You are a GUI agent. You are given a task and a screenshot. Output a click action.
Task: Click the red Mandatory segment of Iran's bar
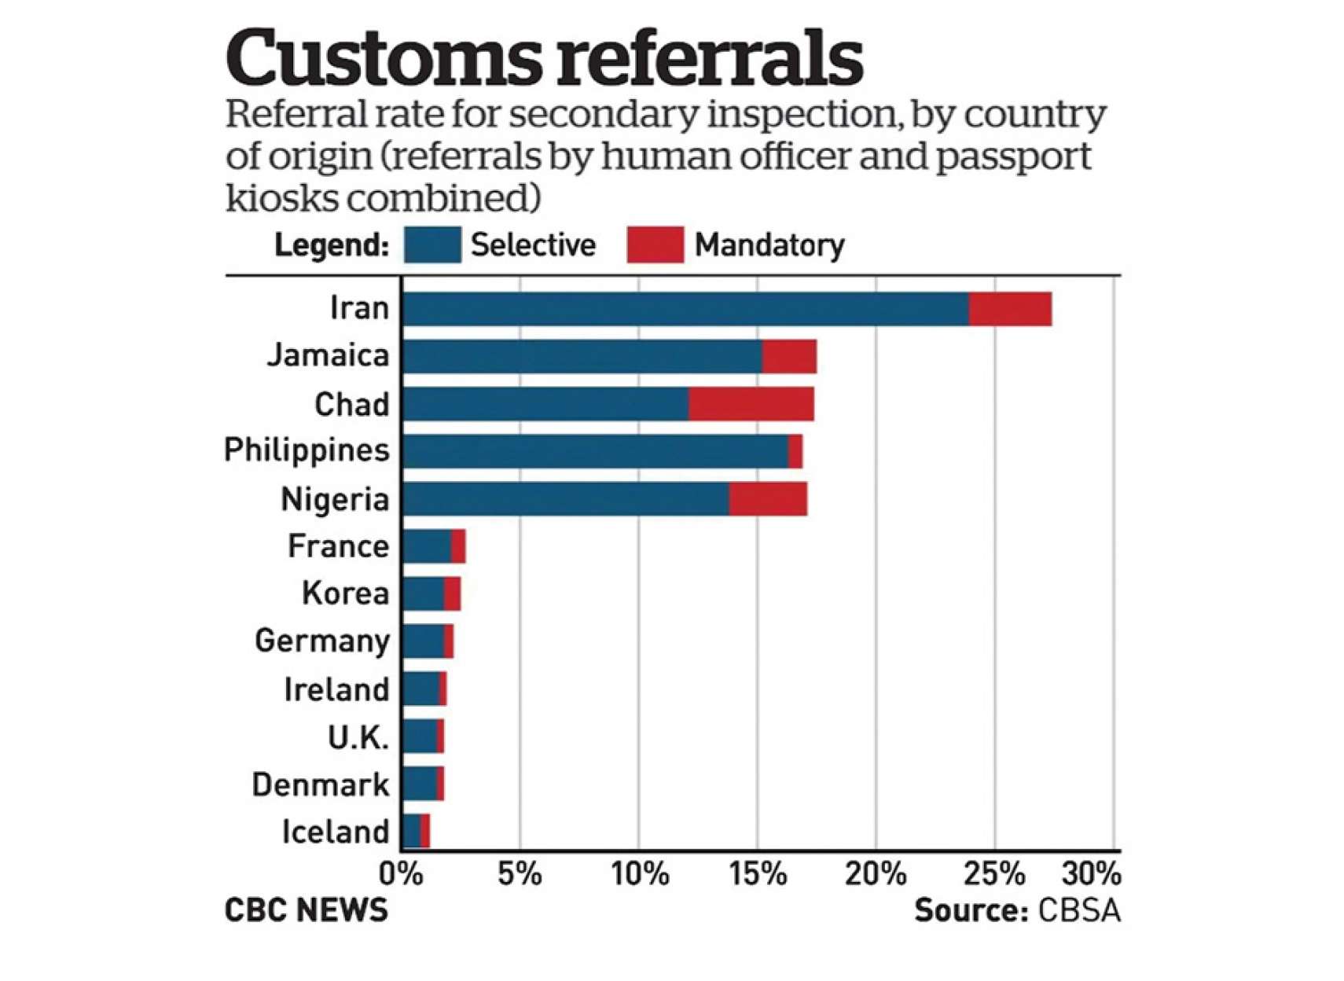coord(1010,309)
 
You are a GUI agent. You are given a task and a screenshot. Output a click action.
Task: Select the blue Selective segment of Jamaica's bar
coord(582,357)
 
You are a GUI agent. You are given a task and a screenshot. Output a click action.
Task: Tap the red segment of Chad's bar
coord(751,404)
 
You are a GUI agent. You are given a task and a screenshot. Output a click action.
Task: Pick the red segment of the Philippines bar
coord(795,451)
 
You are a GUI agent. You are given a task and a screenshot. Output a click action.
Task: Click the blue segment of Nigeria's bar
coord(566,499)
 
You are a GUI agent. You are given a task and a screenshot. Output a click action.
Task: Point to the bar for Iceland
coord(416,831)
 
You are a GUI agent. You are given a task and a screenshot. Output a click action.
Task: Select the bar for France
coord(434,546)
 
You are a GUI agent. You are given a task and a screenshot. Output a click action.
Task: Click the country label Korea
coord(345,593)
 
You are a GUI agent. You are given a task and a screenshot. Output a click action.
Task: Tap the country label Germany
coord(322,641)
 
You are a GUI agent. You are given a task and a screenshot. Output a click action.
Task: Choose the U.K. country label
coord(358,737)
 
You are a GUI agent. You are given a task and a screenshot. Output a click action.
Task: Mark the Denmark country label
coord(320,784)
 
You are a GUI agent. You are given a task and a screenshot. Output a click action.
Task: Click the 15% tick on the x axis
coord(758,874)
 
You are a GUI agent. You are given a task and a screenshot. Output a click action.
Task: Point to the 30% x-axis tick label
coord(1092,874)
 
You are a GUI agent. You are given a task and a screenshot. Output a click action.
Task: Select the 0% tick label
coord(402,874)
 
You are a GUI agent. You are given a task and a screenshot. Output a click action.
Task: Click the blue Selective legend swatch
coord(432,245)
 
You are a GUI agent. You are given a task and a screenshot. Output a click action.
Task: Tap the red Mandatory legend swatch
coord(655,245)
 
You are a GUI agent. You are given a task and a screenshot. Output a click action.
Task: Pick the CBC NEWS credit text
coord(307,910)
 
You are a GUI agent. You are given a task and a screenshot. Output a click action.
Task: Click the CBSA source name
coord(1079,910)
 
